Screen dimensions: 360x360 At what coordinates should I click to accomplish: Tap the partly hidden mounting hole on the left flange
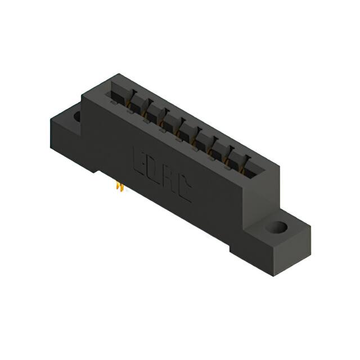77,117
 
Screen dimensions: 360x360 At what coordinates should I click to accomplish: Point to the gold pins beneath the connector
119,187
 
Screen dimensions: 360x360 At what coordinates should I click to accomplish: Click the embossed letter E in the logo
139,159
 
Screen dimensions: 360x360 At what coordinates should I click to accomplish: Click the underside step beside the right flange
236,245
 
